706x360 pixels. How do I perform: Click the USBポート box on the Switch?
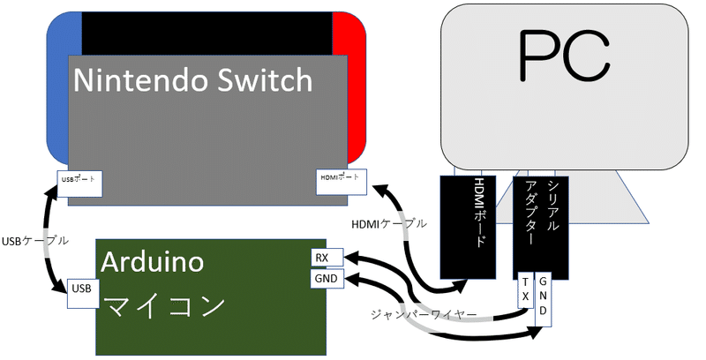tap(80, 182)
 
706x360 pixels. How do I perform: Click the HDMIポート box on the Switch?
tap(341, 179)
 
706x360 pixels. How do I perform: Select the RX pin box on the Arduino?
tap(324, 258)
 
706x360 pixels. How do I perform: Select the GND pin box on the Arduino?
tap(324, 280)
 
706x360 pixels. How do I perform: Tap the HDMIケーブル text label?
tap(388, 224)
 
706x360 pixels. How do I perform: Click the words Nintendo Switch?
tap(192, 81)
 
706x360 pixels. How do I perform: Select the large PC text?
tap(564, 56)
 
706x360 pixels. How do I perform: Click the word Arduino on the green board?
tap(153, 261)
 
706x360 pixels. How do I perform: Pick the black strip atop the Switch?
tap(207, 33)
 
